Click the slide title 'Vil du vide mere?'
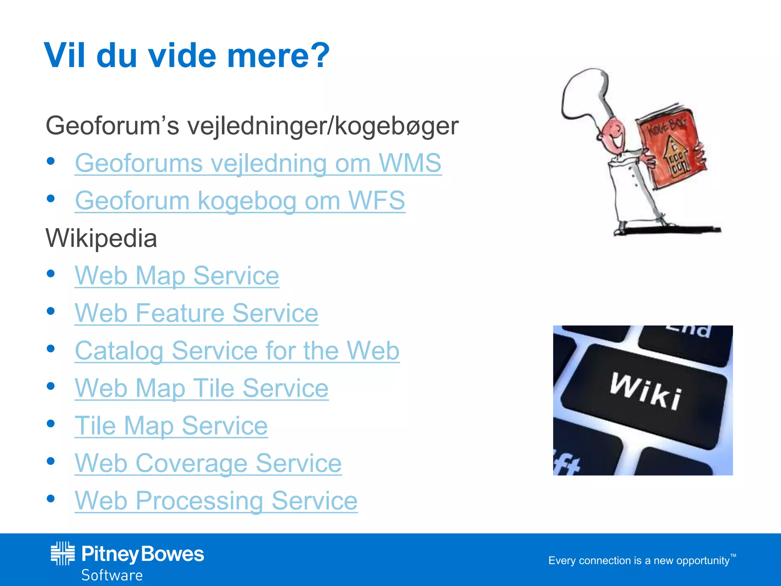(x=187, y=56)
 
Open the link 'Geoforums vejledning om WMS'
(x=258, y=163)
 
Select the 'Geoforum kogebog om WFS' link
(x=240, y=201)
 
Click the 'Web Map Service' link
(x=177, y=275)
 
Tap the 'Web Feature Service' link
(x=196, y=313)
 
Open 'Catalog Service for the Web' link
(x=237, y=351)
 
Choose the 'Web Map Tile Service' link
(x=201, y=388)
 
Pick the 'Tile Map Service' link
(x=171, y=425)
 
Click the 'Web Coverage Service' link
(x=208, y=463)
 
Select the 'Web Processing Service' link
(x=216, y=501)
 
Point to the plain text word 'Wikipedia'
(x=101, y=238)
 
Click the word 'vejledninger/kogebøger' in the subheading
(x=323, y=126)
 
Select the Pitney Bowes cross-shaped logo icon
(x=63, y=553)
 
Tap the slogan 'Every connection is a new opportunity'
(x=639, y=560)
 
